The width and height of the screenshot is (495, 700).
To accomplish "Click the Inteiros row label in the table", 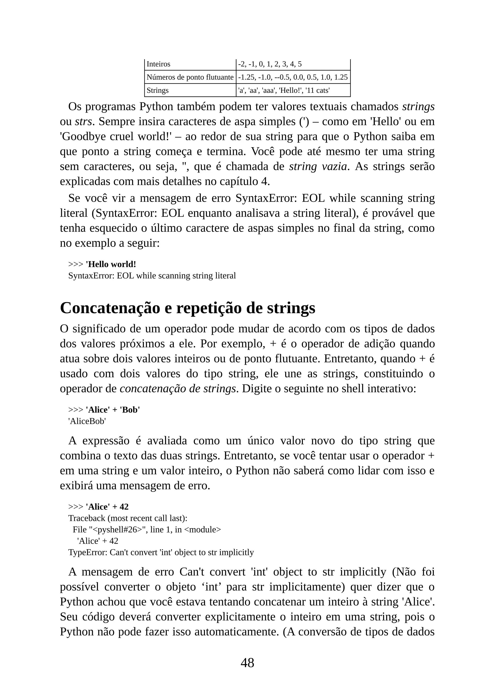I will (x=158, y=64).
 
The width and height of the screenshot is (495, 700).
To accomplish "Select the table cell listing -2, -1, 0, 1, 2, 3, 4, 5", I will (x=270, y=64).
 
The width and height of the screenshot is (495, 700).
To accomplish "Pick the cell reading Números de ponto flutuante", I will (x=190, y=77).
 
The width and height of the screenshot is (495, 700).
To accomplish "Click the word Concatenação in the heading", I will (x=110, y=308).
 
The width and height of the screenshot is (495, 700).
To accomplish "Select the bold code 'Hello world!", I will (x=111, y=264).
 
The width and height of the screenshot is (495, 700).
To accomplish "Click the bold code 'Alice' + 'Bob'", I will (x=113, y=410).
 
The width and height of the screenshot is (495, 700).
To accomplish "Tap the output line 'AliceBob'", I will (x=87, y=421).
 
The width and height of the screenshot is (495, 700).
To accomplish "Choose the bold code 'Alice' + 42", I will (x=107, y=507).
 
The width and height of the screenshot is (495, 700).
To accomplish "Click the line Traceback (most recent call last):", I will (x=128, y=518).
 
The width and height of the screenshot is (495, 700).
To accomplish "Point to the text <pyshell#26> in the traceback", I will (x=117, y=530).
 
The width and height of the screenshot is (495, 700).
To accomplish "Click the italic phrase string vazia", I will (x=318, y=167).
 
